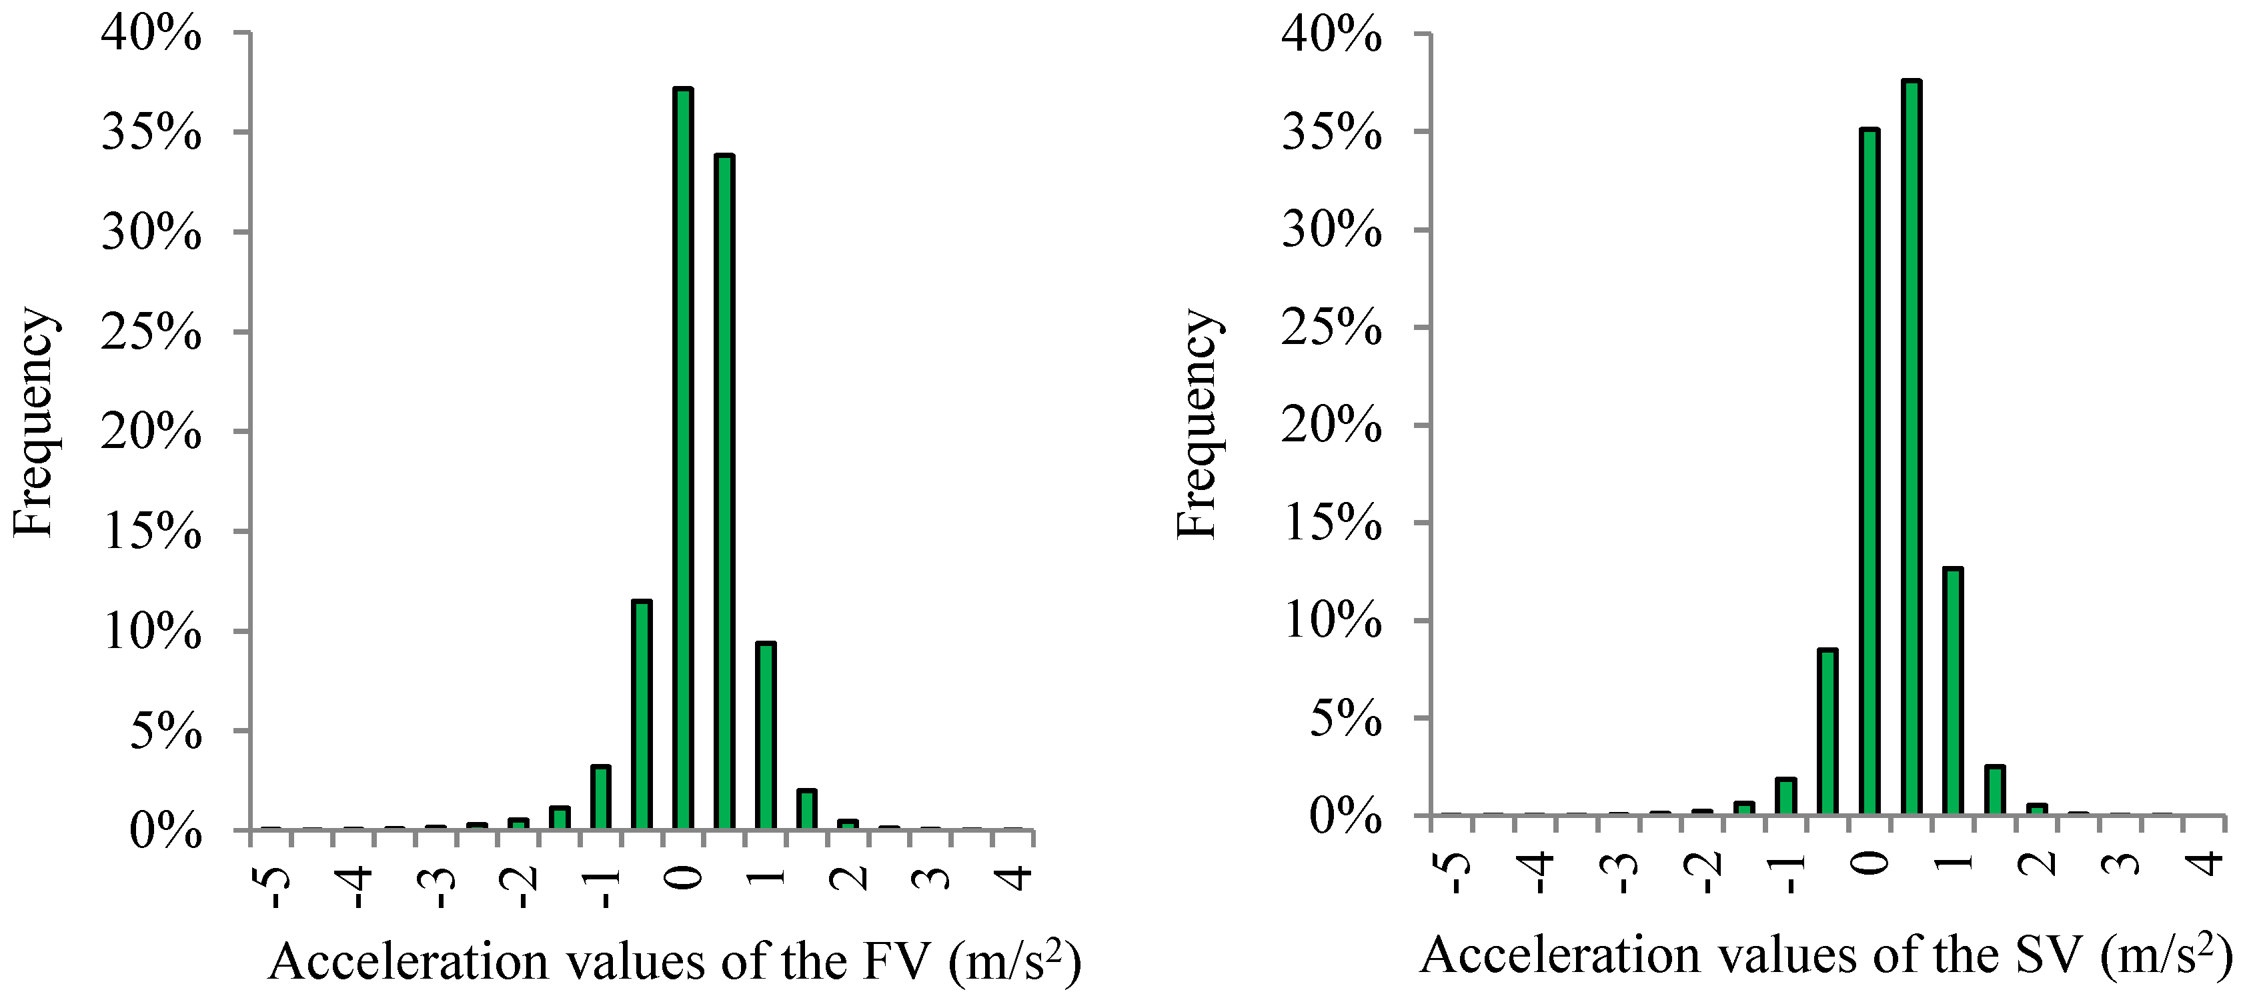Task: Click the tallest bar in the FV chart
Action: (x=682, y=458)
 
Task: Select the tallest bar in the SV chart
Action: (x=1911, y=447)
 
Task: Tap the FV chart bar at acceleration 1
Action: (x=766, y=735)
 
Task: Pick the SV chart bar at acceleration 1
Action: (x=1953, y=692)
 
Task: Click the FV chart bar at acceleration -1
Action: (x=600, y=797)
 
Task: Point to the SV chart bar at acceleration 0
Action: (x=1869, y=472)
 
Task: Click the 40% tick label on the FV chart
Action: (x=151, y=36)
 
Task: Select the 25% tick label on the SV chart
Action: (x=1331, y=330)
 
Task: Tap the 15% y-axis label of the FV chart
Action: (x=151, y=533)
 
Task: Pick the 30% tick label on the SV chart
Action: (x=1331, y=233)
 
